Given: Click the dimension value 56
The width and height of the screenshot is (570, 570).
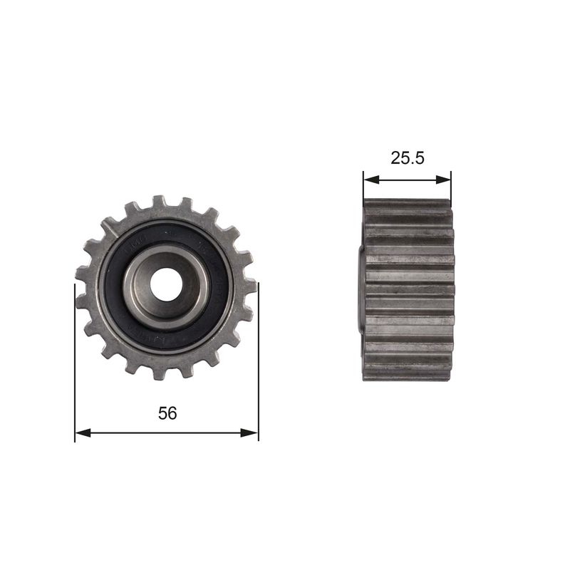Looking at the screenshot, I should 167,413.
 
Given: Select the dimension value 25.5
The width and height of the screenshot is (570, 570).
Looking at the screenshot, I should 407,158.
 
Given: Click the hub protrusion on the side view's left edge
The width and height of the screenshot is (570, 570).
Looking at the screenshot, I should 360,289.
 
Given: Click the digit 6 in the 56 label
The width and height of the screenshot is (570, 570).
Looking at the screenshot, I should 172,413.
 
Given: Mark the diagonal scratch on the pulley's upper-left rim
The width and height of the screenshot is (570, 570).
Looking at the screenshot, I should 108,227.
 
